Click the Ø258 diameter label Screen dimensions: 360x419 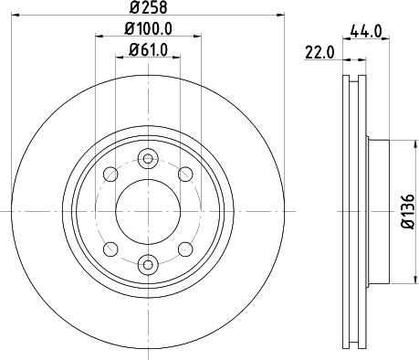point(147,8)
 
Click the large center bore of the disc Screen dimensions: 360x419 point(147,211)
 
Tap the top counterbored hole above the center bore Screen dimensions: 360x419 point(147,160)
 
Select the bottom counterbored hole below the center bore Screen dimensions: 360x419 point(147,264)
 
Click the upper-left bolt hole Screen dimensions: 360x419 point(111,175)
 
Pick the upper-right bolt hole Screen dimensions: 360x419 point(183,175)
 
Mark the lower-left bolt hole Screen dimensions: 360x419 point(111,248)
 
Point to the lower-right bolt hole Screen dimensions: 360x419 point(183,248)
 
